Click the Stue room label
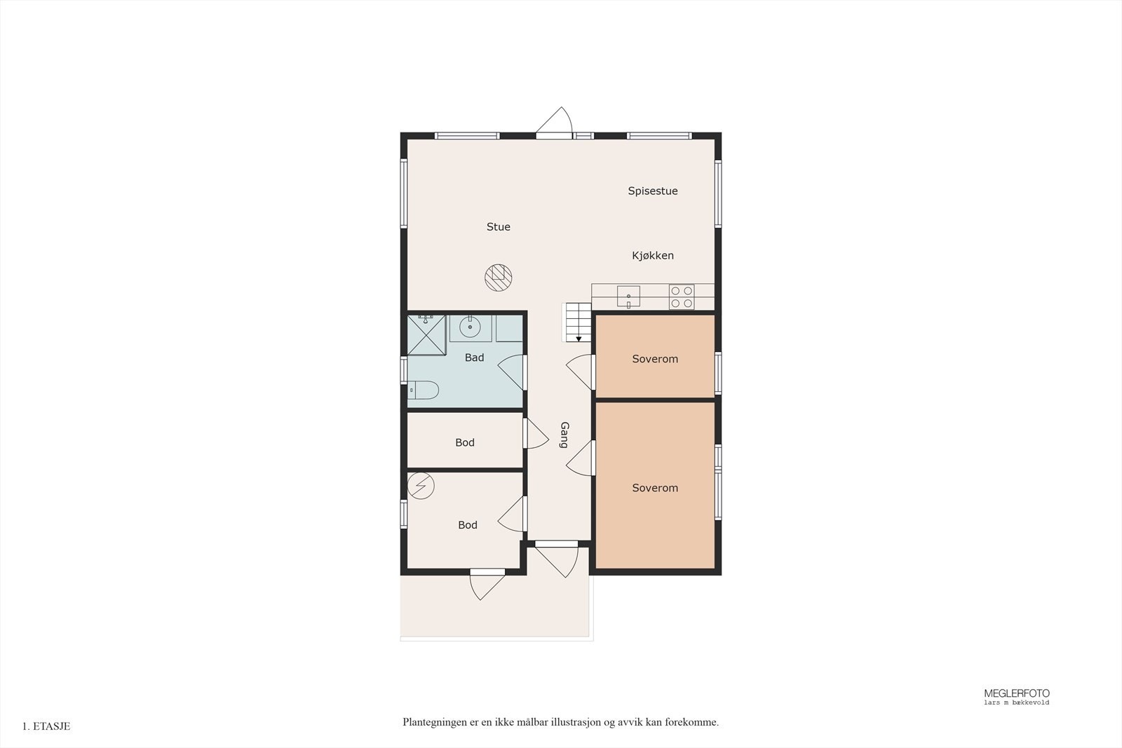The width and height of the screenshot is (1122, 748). coord(498,226)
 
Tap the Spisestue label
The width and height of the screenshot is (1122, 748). coord(652,191)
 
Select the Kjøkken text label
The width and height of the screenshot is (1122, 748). coord(652,255)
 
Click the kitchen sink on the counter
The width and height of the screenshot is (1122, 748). coord(628,296)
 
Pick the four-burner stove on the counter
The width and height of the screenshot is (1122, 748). coord(681,297)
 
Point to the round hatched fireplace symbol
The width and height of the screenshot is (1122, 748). coord(498,278)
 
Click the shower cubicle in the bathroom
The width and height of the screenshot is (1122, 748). coord(426,334)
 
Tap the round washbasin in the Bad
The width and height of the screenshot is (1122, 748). coord(470,327)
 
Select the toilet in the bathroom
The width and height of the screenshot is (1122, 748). coord(424,390)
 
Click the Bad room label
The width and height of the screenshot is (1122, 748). coord(474,358)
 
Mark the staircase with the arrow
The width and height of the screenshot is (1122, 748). coord(578,322)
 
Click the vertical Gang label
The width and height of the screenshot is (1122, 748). coord(565,435)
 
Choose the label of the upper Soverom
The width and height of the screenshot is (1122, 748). coord(654,359)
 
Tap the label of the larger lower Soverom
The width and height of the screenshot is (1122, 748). coord(654,488)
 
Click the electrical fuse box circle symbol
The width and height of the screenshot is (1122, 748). coord(421,485)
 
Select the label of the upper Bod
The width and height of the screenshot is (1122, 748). coord(464,442)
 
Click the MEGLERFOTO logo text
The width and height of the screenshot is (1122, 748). coord(1016,693)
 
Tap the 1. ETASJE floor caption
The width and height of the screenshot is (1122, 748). coord(46,726)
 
